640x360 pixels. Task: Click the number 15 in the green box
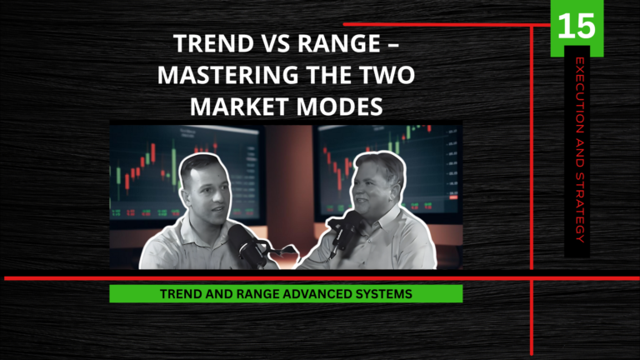(577, 25)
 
